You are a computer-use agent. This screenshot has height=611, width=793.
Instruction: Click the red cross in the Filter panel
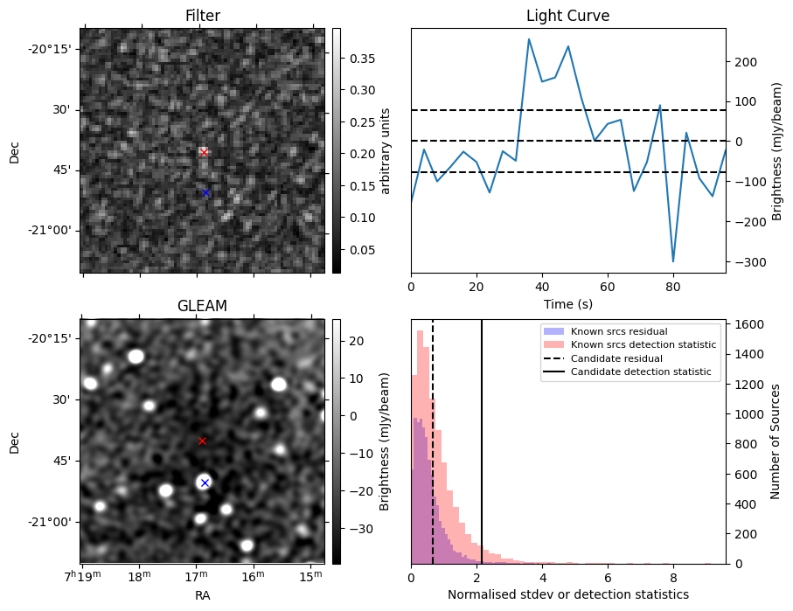point(204,152)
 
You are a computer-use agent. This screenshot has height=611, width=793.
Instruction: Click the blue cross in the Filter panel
point(205,192)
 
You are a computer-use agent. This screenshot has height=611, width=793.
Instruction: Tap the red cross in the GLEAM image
point(202,441)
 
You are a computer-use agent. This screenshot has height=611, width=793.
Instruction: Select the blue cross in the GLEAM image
point(205,483)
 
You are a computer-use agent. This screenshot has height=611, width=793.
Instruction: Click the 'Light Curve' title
point(567,16)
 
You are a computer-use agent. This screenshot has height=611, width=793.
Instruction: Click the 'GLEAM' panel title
point(202,306)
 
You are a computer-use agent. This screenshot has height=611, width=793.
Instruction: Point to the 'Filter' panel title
point(202,16)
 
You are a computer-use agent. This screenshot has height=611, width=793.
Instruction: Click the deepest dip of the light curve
point(673,261)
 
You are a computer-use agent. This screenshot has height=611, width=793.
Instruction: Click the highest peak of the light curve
point(529,38)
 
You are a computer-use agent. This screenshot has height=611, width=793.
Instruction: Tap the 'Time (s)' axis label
point(567,303)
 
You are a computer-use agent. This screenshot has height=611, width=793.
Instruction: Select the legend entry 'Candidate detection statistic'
point(641,372)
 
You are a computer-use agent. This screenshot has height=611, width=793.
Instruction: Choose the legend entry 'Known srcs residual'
point(619,331)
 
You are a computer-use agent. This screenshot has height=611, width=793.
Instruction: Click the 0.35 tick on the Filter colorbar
point(351,59)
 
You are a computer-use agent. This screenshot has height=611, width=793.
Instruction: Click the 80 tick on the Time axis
point(673,285)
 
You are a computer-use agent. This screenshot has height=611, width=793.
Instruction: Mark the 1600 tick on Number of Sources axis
point(744,324)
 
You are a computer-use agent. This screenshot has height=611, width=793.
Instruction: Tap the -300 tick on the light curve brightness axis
point(746,261)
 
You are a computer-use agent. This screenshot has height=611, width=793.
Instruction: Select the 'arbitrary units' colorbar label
point(385,150)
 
